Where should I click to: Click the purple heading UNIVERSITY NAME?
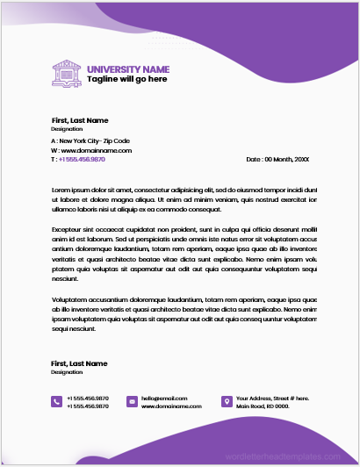point(127,68)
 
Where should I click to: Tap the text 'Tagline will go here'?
point(126,79)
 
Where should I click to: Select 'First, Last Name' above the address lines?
point(79,119)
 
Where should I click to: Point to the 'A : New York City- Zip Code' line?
point(90,140)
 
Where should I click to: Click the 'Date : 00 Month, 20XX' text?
point(277,159)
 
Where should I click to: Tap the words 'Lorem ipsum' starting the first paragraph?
point(70,190)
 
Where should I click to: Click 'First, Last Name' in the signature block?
point(79,363)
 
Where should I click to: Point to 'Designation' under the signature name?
point(67,372)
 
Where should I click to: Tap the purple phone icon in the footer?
point(56,401)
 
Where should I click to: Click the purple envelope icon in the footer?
point(132,401)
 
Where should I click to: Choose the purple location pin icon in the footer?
point(227,401)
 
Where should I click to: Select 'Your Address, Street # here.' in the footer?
point(273,398)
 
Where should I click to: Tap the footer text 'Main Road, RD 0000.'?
point(263,406)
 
